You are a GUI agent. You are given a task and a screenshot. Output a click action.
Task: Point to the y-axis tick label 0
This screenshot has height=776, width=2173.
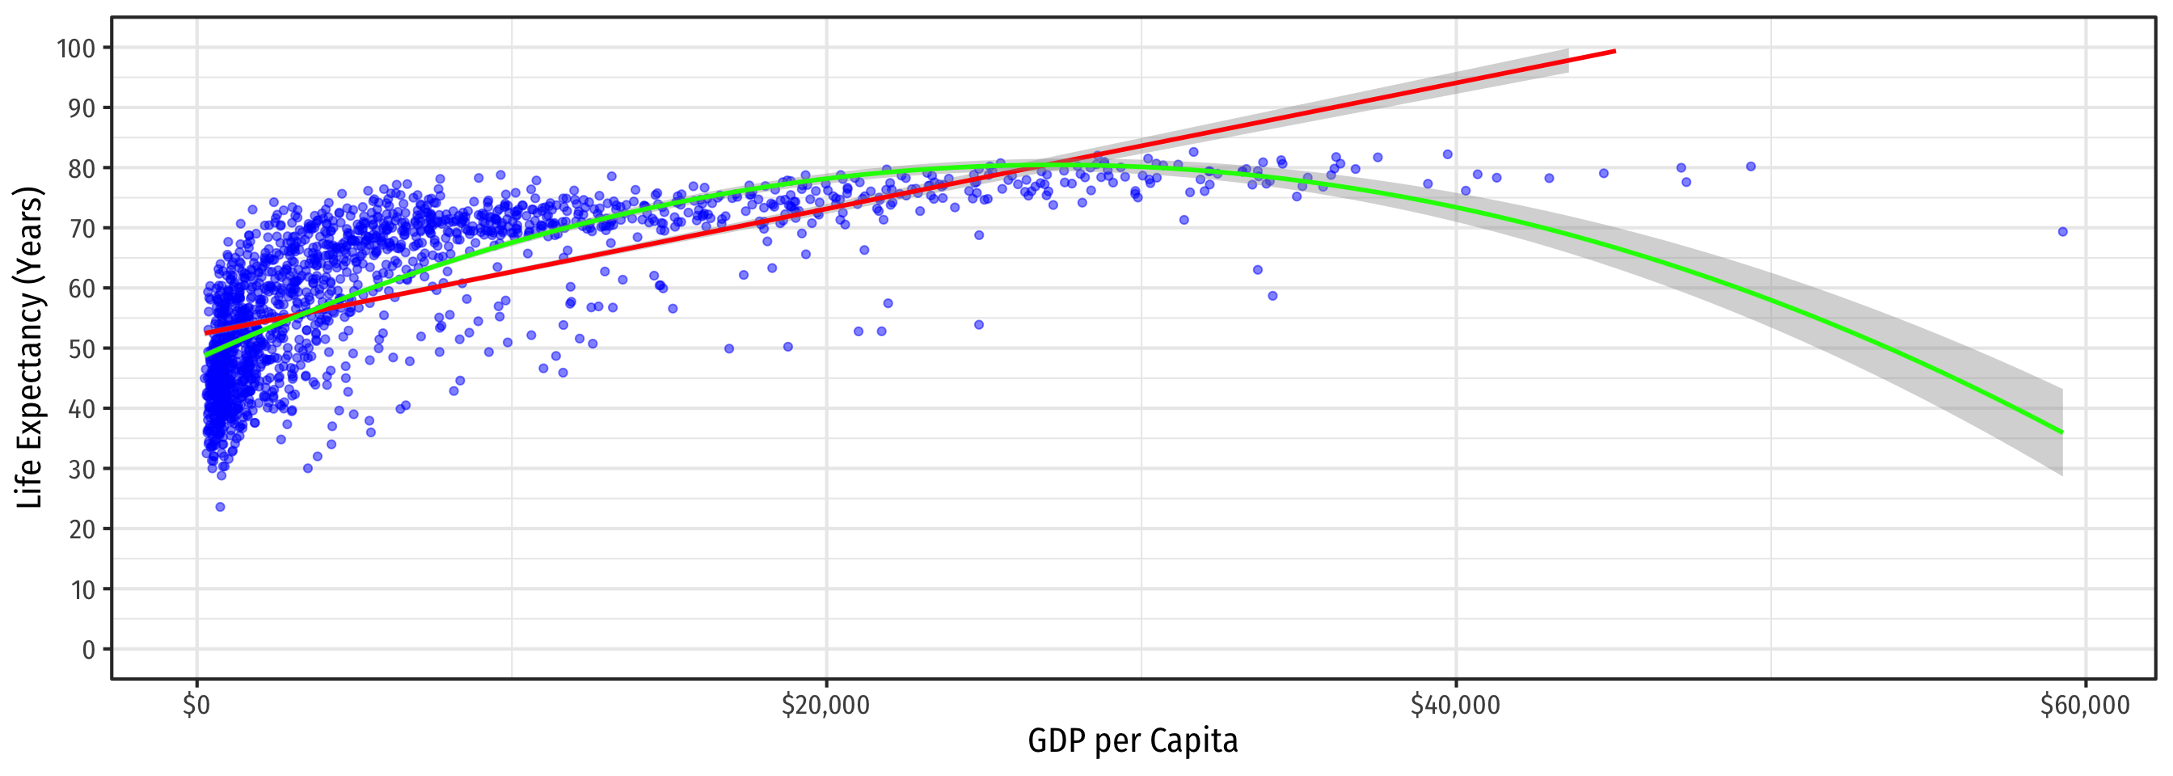tap(89, 649)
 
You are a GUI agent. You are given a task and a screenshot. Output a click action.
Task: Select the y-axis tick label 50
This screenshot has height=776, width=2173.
tap(82, 348)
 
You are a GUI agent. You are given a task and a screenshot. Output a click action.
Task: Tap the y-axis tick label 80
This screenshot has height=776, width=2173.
tap(82, 169)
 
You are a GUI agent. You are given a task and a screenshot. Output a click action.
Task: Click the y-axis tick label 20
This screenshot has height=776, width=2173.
tap(82, 529)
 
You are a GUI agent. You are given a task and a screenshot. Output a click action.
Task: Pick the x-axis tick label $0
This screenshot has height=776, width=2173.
tap(196, 705)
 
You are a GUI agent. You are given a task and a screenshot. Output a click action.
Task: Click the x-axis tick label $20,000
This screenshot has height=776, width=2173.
tap(825, 705)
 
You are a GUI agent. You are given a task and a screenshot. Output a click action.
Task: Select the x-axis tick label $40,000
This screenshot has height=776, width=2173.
tap(1455, 705)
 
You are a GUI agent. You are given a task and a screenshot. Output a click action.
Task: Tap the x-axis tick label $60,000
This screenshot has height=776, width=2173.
tap(2084, 705)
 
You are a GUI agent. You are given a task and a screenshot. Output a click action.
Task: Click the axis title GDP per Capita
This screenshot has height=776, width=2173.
tap(1132, 741)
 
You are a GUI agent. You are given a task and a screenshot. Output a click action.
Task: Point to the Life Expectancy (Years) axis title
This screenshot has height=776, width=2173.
tap(30, 348)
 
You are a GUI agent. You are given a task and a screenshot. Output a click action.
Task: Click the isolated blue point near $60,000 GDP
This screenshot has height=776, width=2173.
tap(2062, 232)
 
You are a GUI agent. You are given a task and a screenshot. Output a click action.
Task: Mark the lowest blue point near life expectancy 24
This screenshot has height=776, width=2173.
tap(220, 507)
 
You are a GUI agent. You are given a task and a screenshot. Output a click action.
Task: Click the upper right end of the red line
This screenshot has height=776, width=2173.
tap(1614, 52)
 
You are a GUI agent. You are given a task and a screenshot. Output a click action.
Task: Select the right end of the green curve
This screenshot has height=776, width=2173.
tap(2061, 432)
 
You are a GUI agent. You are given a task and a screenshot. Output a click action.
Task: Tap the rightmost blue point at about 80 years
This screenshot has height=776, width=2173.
tap(1750, 167)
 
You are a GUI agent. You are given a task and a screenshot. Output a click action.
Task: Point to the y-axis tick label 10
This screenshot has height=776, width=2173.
tap(82, 589)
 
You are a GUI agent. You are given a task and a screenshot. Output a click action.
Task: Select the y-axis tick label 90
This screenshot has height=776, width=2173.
tap(82, 108)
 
